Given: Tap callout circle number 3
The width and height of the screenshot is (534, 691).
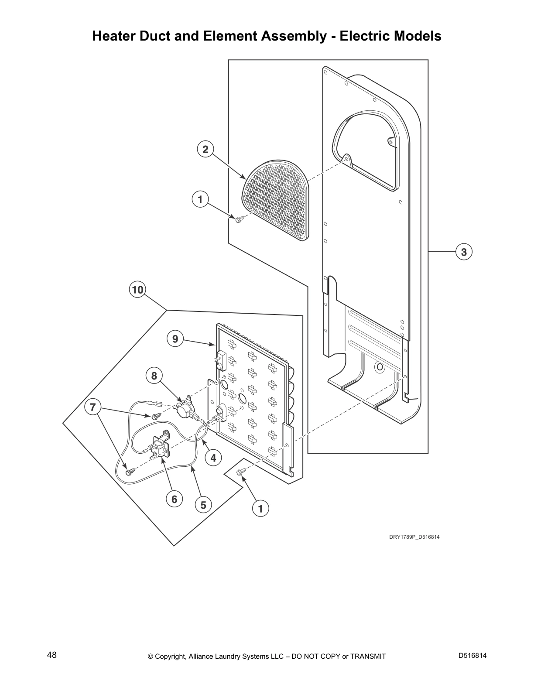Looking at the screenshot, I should (464, 252).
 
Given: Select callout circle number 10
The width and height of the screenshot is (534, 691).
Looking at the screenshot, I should (137, 290).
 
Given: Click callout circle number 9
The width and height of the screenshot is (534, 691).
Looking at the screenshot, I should (175, 339).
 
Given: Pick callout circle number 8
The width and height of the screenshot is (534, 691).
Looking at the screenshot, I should (154, 376).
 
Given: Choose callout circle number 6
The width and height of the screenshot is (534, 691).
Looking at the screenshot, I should (174, 499).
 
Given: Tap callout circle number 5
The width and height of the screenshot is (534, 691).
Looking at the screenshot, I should (203, 505).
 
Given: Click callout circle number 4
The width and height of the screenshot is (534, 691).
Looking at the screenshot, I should (213, 458).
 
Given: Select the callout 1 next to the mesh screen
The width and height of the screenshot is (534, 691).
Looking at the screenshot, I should (200, 200).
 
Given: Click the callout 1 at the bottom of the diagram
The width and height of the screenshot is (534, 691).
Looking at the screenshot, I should (260, 508).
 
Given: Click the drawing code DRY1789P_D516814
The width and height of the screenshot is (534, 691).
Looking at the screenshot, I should (414, 537).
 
